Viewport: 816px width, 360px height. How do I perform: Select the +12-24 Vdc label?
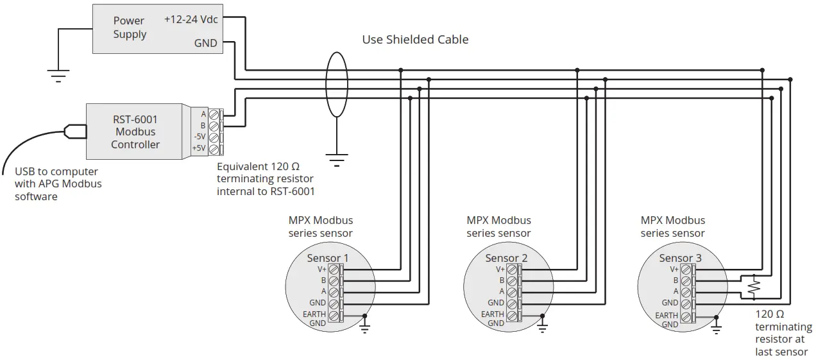[191, 19]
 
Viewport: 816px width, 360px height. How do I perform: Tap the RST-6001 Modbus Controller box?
[135, 132]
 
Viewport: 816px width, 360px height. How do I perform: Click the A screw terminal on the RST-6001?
[214, 114]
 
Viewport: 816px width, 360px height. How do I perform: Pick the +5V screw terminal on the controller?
[214, 149]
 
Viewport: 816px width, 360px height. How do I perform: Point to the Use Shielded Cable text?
[415, 40]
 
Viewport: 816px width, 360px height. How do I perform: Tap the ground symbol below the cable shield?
[336, 157]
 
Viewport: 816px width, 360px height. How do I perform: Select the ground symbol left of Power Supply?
[58, 76]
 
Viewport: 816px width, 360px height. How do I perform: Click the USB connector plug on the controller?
[75, 132]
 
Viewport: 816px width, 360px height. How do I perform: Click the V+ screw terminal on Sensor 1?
[334, 270]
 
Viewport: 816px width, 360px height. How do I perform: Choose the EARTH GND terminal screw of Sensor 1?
[334, 316]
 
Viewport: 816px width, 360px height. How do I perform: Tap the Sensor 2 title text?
[506, 258]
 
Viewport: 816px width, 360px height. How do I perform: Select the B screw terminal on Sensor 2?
[512, 281]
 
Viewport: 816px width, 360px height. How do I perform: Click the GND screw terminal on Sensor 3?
[686, 303]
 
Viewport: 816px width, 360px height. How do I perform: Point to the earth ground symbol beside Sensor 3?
[717, 328]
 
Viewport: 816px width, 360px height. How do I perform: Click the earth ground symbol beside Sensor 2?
[542, 328]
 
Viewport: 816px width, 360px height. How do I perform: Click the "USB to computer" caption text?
[56, 171]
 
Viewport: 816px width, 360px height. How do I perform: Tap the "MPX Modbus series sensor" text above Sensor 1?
[321, 227]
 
